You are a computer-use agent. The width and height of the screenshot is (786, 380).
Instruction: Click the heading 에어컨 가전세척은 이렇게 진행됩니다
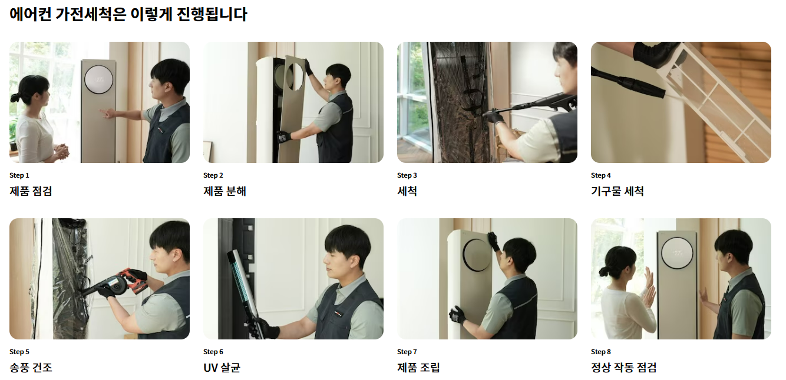click(128, 14)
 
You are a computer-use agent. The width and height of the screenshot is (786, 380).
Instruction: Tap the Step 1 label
click(19, 175)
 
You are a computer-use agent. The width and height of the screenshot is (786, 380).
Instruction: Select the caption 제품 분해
click(224, 191)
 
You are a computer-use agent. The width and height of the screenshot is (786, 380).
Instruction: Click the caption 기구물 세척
click(617, 191)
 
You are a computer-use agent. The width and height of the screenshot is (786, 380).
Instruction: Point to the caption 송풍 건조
click(31, 368)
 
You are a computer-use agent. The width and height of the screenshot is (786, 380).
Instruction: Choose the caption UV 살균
click(222, 368)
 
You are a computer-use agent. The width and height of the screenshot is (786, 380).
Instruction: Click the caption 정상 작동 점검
click(623, 368)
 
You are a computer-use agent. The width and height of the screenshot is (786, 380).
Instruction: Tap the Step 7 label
click(407, 352)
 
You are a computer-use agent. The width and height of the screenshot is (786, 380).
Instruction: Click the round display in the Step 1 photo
click(98, 79)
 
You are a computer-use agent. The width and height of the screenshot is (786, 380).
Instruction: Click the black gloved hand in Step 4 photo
click(655, 53)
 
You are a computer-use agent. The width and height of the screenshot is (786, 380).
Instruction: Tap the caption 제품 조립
click(418, 368)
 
